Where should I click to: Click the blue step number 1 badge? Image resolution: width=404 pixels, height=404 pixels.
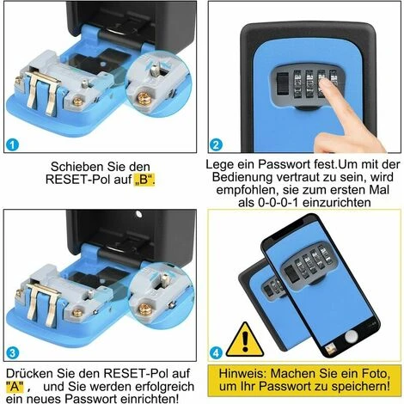(x=12, y=144)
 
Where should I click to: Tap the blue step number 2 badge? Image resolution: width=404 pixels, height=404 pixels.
(x=216, y=144)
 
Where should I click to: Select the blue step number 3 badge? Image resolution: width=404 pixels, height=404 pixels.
(x=12, y=352)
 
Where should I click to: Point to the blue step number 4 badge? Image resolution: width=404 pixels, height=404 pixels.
(x=216, y=352)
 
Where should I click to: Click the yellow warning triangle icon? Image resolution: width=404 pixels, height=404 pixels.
(x=245, y=340)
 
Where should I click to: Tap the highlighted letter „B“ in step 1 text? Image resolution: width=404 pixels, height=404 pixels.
(x=144, y=180)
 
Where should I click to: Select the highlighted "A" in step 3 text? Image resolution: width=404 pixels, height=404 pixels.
(x=15, y=386)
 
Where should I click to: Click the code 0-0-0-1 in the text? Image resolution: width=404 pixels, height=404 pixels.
(x=279, y=203)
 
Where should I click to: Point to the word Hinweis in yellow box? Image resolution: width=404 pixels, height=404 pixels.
(x=242, y=373)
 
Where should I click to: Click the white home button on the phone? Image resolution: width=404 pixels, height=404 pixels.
(x=352, y=336)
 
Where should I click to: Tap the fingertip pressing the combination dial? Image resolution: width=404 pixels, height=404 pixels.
(x=325, y=83)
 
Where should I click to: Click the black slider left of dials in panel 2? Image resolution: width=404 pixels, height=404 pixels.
(x=282, y=84)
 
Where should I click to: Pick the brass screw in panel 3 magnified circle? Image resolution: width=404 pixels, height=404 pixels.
(x=144, y=309)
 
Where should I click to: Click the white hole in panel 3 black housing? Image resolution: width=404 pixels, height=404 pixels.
(x=138, y=214)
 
